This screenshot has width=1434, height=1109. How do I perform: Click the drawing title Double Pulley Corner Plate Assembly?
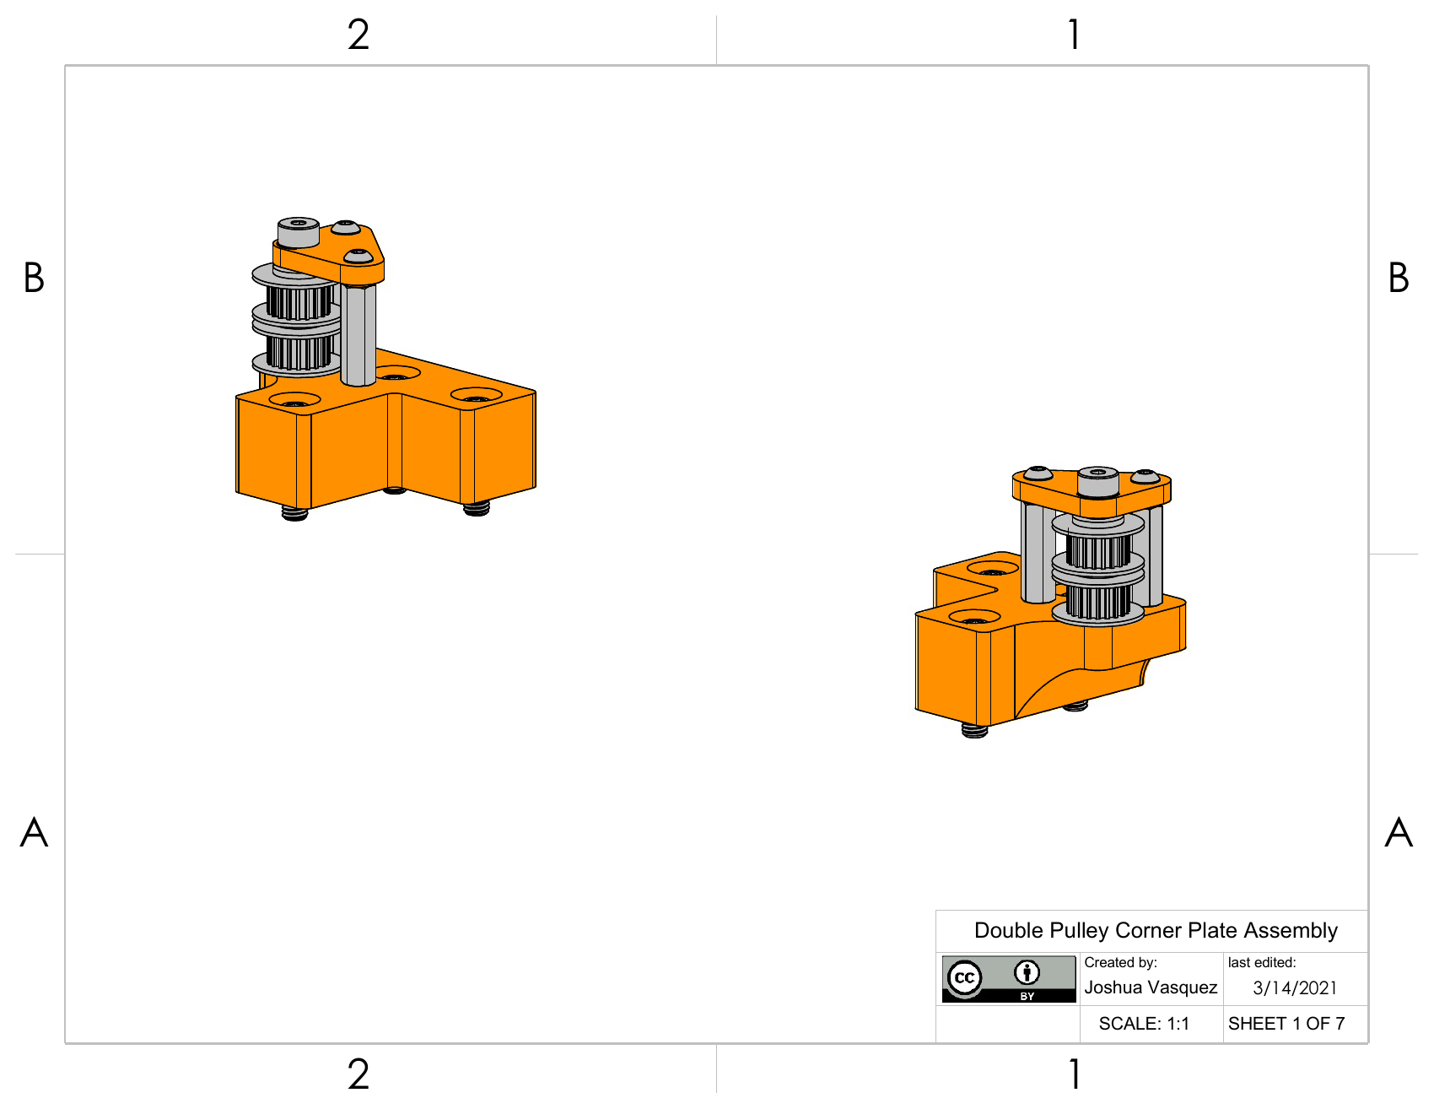pyautogui.click(x=1156, y=930)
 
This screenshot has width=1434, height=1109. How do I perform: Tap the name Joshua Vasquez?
pyautogui.click(x=1151, y=987)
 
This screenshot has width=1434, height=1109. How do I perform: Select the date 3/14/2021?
pyautogui.click(x=1295, y=988)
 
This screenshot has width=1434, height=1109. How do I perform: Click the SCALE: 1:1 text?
pyautogui.click(x=1144, y=1024)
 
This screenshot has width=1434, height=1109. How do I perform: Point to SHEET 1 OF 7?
pyautogui.click(x=1286, y=1024)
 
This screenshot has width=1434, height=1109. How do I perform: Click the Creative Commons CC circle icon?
pyautogui.click(x=964, y=978)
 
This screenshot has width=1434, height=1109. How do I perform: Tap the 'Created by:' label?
pyautogui.click(x=1120, y=962)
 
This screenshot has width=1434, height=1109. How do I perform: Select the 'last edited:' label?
pyautogui.click(x=1262, y=962)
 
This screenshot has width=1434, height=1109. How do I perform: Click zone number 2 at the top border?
pyautogui.click(x=358, y=35)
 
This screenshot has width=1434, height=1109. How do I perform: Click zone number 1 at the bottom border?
pyautogui.click(x=1074, y=1074)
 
